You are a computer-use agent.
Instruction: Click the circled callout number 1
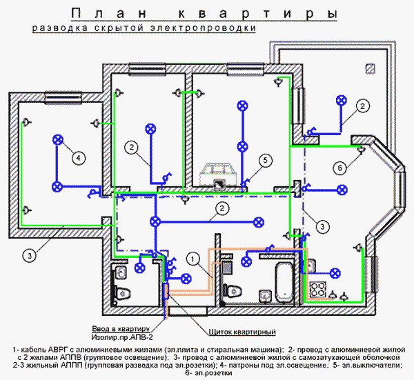pyautogui.click(x=193, y=259)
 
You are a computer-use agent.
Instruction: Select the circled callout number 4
pyautogui.click(x=78, y=158)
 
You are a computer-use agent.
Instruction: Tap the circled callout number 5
pyautogui.click(x=265, y=160)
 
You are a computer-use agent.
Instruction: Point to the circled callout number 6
pyautogui.click(x=339, y=168)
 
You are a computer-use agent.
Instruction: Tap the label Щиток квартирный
pyautogui.click(x=242, y=332)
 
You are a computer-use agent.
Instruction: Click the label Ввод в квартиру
pyautogui.click(x=121, y=329)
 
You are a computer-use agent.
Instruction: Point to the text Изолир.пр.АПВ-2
pyautogui.click(x=122, y=337)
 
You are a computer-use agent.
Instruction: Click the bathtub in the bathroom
pyautogui.click(x=284, y=282)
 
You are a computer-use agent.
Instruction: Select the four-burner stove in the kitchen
pyautogui.click(x=318, y=290)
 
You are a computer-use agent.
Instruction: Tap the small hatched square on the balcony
pyautogui.click(x=370, y=69)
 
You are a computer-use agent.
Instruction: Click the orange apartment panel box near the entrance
pyautogui.click(x=166, y=290)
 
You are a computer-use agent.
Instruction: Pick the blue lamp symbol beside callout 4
pyautogui.click(x=58, y=140)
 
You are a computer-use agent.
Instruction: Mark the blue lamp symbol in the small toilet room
pyautogui.click(x=139, y=268)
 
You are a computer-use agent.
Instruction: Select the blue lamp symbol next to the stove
pyautogui.click(x=335, y=273)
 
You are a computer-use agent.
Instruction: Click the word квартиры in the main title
pyautogui.click(x=257, y=13)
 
